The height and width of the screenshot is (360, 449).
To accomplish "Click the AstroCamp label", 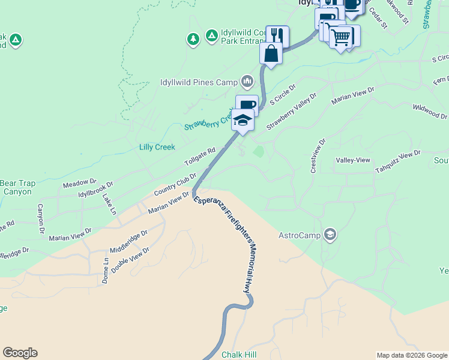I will click(300, 235).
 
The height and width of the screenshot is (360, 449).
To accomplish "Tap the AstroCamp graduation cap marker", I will click(330, 234).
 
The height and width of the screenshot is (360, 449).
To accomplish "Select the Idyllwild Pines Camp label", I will click(199, 82).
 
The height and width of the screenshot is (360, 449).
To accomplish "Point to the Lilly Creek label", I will click(157, 147).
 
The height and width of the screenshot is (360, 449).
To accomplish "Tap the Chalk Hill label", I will click(239, 355).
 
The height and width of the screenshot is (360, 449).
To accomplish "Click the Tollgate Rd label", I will click(199, 159).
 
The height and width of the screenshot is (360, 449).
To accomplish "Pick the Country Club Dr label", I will click(175, 184).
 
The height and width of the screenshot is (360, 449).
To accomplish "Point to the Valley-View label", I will click(353, 160).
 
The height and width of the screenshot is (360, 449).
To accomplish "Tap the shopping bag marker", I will click(271, 53).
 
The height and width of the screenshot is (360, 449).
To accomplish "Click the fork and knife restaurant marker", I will click(277, 36).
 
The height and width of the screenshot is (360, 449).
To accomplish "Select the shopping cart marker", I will click(341, 38).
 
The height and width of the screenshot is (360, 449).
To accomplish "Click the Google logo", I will click(20, 353).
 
